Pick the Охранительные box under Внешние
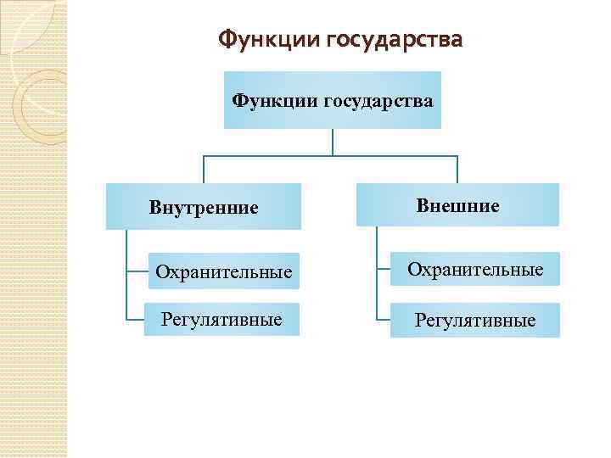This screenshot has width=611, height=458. (x=474, y=270)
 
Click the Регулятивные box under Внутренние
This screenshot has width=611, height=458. (x=222, y=320)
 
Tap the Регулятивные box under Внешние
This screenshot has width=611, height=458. (x=474, y=321)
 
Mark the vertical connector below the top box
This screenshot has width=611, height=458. (x=333, y=142)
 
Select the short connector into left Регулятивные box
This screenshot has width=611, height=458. (x=135, y=320)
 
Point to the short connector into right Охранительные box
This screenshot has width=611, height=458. (x=383, y=270)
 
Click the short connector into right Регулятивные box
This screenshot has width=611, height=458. (x=383, y=321)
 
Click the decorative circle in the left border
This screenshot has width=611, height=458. (x=38, y=102)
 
